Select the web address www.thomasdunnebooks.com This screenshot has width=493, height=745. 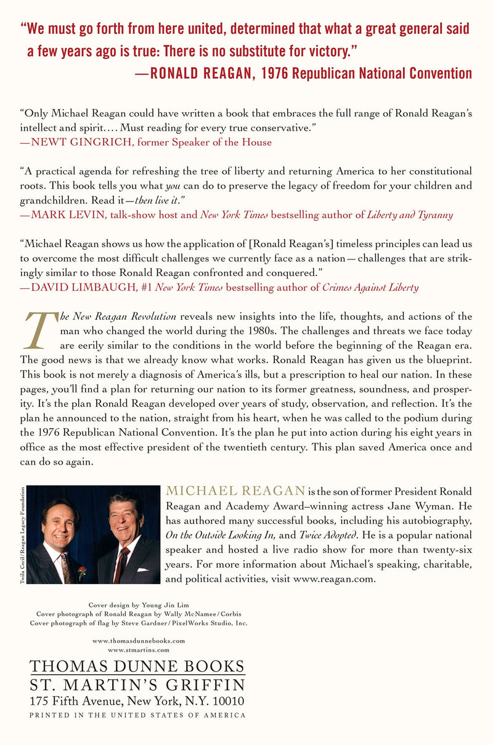point(139,641)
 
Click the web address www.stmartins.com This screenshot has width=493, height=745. point(139,649)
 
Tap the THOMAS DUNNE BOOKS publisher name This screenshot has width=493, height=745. point(137,666)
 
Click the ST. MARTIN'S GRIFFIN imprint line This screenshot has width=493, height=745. point(137,685)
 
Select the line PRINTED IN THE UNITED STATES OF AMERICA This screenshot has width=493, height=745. point(137,715)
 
